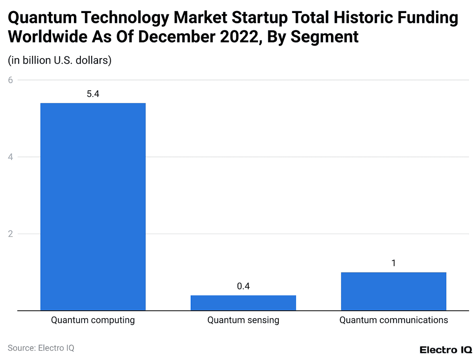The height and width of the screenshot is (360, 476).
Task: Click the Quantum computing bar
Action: click(x=93, y=207)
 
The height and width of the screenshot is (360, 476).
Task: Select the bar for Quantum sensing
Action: click(x=243, y=303)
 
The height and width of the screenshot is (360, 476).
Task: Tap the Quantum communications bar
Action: click(x=393, y=291)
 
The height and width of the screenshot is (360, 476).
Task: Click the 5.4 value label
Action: click(x=93, y=94)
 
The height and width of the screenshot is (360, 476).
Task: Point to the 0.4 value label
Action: click(x=243, y=287)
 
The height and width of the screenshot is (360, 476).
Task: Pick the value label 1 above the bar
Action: click(x=393, y=263)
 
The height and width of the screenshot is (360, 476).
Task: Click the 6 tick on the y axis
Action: click(x=11, y=80)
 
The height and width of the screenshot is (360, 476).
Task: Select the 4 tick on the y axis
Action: click(x=11, y=157)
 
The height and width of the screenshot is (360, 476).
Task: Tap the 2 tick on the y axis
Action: click(x=11, y=233)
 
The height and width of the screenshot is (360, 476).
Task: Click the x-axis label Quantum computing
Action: click(x=93, y=320)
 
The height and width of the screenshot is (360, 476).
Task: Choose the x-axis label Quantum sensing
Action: click(x=243, y=320)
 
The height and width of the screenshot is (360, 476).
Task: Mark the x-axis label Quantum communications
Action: click(x=393, y=320)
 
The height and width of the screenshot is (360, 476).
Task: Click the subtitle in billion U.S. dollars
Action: click(x=60, y=60)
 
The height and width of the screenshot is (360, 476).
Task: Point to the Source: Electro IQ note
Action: click(x=41, y=348)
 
